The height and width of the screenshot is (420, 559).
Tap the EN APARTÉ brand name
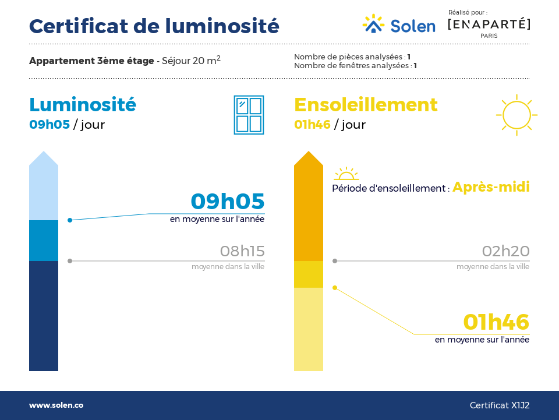point(489,24)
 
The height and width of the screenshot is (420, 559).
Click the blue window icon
point(249,115)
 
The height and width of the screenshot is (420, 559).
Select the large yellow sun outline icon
point(516,115)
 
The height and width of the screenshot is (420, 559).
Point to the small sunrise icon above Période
point(346,174)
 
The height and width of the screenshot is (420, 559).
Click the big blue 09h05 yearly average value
point(228,201)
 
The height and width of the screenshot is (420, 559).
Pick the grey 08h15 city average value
point(242,251)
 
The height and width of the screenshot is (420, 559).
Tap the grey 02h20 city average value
point(505,251)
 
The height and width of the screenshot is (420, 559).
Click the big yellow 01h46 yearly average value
point(496,322)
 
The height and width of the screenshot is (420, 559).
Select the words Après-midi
point(491,187)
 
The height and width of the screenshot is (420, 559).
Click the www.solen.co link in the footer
point(56,405)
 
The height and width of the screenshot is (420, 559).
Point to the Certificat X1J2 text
point(500,405)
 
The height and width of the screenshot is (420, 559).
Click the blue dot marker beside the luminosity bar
point(70,220)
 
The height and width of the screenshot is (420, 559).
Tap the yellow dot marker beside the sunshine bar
point(335,288)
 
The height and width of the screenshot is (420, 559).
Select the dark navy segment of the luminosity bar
point(44,316)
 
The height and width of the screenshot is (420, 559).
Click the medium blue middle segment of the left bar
point(44,241)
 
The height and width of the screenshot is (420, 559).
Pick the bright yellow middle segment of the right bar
point(309,274)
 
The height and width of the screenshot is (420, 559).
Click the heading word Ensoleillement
point(366,105)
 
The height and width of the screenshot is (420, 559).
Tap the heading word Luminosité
point(83,105)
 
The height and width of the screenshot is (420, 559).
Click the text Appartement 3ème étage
point(91,61)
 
